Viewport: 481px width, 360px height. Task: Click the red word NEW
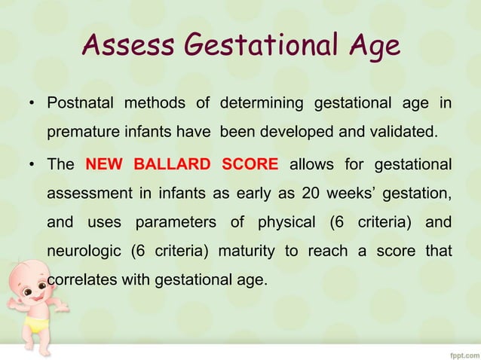pos(104,165)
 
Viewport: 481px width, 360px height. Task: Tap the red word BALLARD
pos(171,165)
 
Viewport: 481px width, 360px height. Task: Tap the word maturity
pos(247,252)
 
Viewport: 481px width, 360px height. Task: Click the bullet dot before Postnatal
pos(32,104)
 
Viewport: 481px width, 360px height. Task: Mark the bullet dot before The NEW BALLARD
pos(32,166)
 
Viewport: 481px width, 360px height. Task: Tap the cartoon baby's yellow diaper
pos(33,324)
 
